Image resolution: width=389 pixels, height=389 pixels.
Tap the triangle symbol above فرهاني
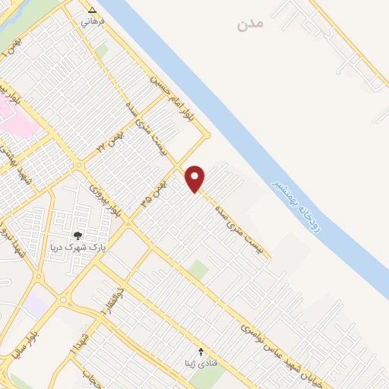point(93,11)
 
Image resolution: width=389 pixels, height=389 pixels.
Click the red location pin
point(195,178)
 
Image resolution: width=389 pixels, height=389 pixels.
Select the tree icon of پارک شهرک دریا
point(77,236)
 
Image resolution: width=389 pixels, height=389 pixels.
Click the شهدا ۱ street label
point(78,340)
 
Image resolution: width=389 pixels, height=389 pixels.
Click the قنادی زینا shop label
point(201,362)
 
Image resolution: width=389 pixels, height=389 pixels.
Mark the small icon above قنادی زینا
point(201,352)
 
